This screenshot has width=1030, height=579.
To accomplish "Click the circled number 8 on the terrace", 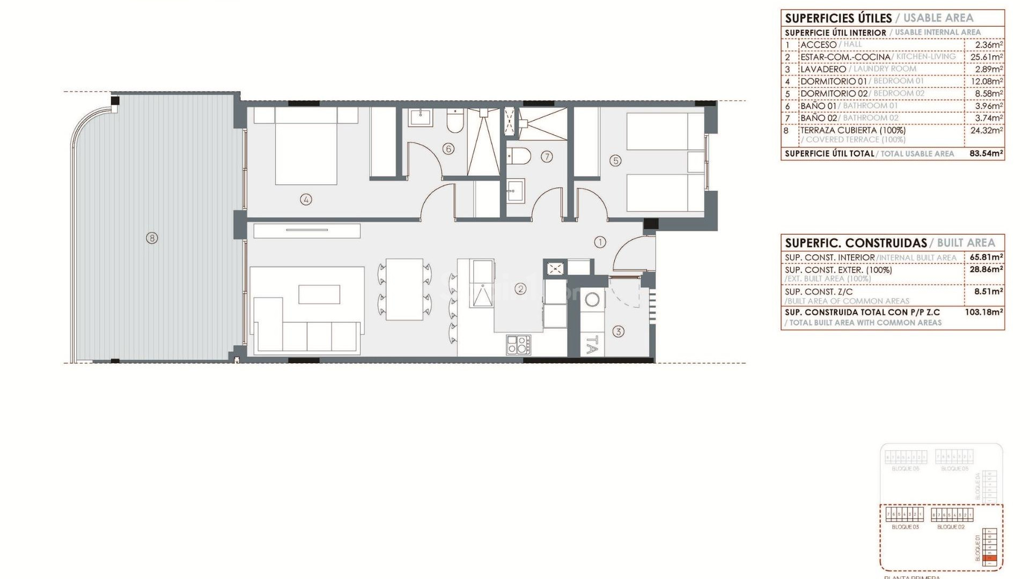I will click(152, 237).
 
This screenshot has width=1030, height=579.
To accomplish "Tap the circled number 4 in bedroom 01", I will click(306, 200).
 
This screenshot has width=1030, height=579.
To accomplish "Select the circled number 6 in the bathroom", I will click(448, 149).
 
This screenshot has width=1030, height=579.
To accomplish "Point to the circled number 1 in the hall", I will click(600, 242).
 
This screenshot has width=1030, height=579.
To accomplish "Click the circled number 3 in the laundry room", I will click(618, 332).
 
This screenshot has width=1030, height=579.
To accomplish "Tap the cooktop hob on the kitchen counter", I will click(518, 344).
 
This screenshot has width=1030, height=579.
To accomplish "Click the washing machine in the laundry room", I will click(592, 299).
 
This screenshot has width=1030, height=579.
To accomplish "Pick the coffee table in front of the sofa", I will click(319, 295).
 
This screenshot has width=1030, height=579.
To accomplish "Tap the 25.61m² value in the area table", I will click(987, 57).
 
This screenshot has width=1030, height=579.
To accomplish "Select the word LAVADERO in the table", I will click(823, 69).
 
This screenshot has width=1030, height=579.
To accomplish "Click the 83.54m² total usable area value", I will click(986, 153).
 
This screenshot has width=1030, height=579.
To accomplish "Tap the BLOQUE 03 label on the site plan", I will click(905, 527).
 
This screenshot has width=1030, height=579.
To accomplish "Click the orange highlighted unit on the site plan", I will click(991, 559).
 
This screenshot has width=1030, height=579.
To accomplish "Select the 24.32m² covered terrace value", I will click(987, 130).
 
